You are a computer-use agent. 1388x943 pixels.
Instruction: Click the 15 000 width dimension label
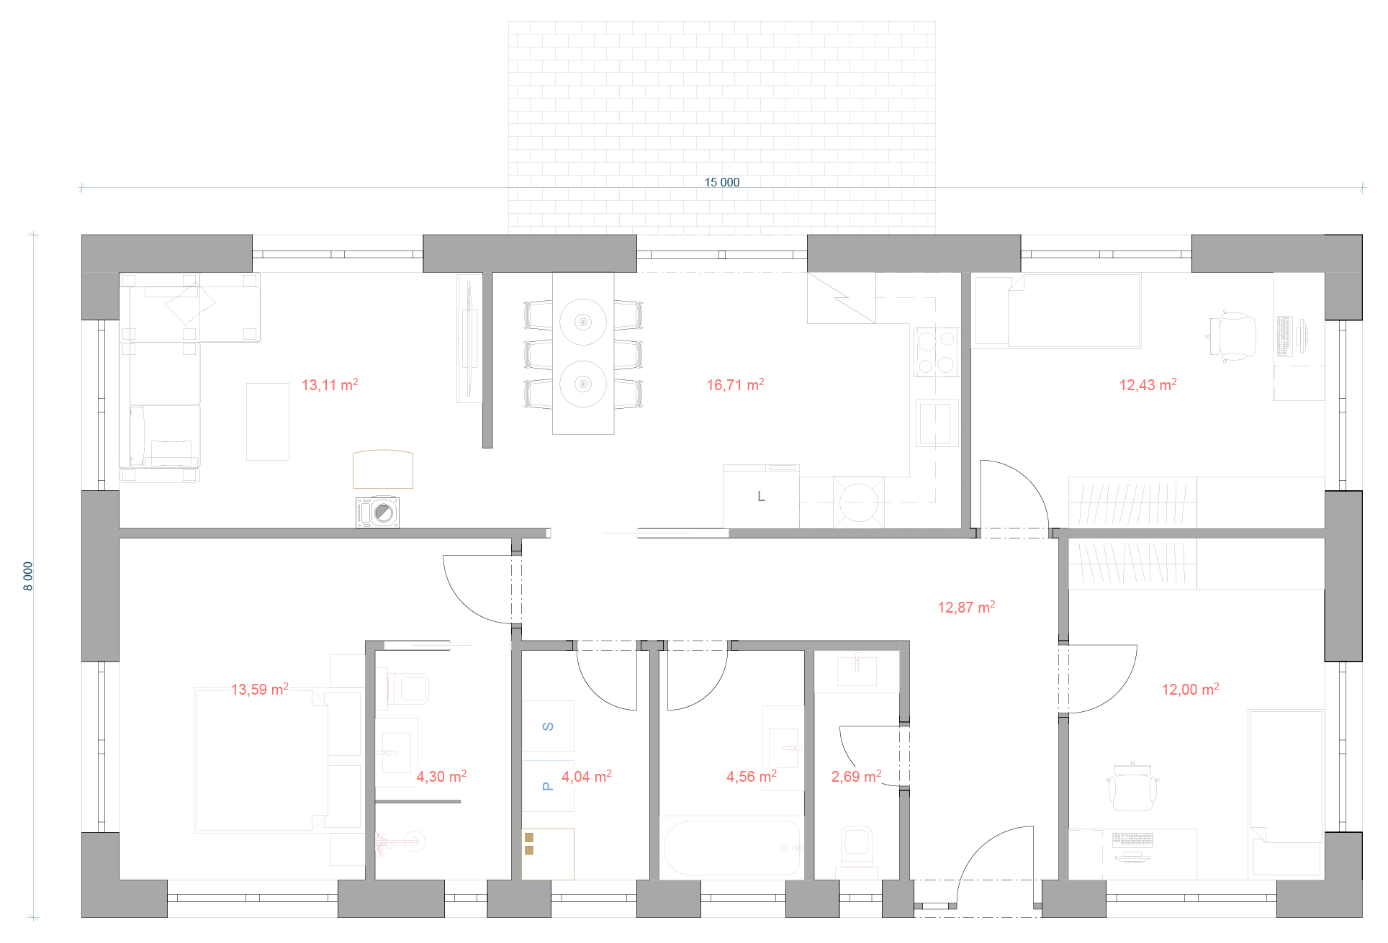click(721, 183)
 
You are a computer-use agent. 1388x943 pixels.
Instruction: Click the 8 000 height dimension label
click(28, 576)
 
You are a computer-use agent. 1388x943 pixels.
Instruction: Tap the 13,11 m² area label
click(330, 384)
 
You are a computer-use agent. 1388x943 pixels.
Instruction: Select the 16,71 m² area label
click(735, 384)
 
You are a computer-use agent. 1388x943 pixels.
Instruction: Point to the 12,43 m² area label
click(1148, 384)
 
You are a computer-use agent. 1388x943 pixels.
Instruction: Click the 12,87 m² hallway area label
click(966, 607)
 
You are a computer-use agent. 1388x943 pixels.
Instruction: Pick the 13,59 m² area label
click(259, 689)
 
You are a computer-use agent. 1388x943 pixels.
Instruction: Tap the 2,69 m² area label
click(856, 776)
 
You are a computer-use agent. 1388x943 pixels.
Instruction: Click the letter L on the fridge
click(761, 497)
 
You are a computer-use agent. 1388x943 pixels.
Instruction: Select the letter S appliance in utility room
click(548, 726)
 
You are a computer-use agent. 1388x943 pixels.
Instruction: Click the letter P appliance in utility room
click(548, 786)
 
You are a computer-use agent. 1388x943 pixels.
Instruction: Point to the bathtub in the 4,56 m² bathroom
click(731, 847)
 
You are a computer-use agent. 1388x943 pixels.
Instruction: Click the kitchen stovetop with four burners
click(936, 352)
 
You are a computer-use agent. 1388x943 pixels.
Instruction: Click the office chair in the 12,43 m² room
click(1232, 335)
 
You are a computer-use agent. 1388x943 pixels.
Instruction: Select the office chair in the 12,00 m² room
click(1133, 788)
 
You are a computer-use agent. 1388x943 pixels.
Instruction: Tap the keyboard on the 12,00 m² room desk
click(1132, 839)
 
